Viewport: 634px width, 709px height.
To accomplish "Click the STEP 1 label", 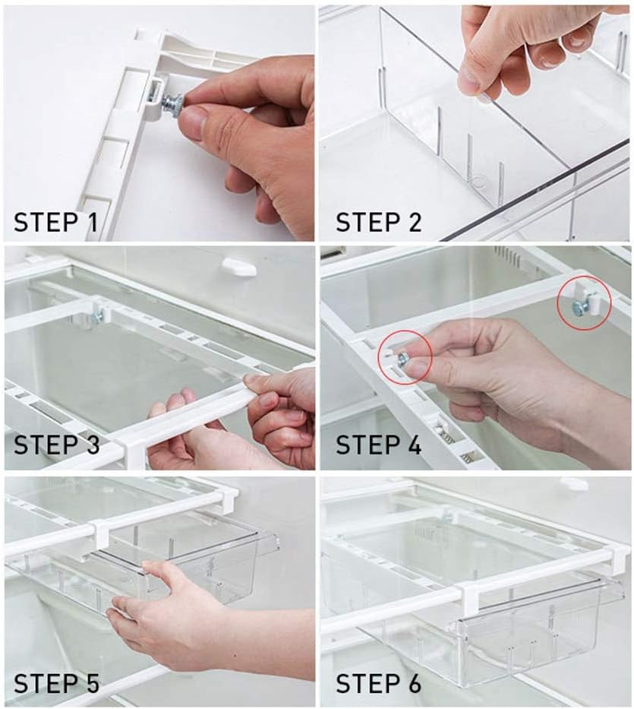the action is [x=55, y=222].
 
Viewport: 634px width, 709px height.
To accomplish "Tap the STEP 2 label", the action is [x=379, y=222].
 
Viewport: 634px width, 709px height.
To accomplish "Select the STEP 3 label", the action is [x=56, y=445].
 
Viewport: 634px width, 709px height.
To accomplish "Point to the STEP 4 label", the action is [x=379, y=445].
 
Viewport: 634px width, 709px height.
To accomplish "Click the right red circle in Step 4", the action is [x=584, y=302].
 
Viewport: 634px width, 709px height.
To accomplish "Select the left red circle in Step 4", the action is [x=405, y=358].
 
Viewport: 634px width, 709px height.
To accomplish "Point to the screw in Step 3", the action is [x=96, y=318].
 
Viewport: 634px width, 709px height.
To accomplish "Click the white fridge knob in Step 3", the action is [x=239, y=266].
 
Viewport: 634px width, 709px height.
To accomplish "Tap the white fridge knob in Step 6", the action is [x=573, y=484].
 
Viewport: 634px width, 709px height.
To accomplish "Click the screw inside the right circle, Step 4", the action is [x=579, y=308].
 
